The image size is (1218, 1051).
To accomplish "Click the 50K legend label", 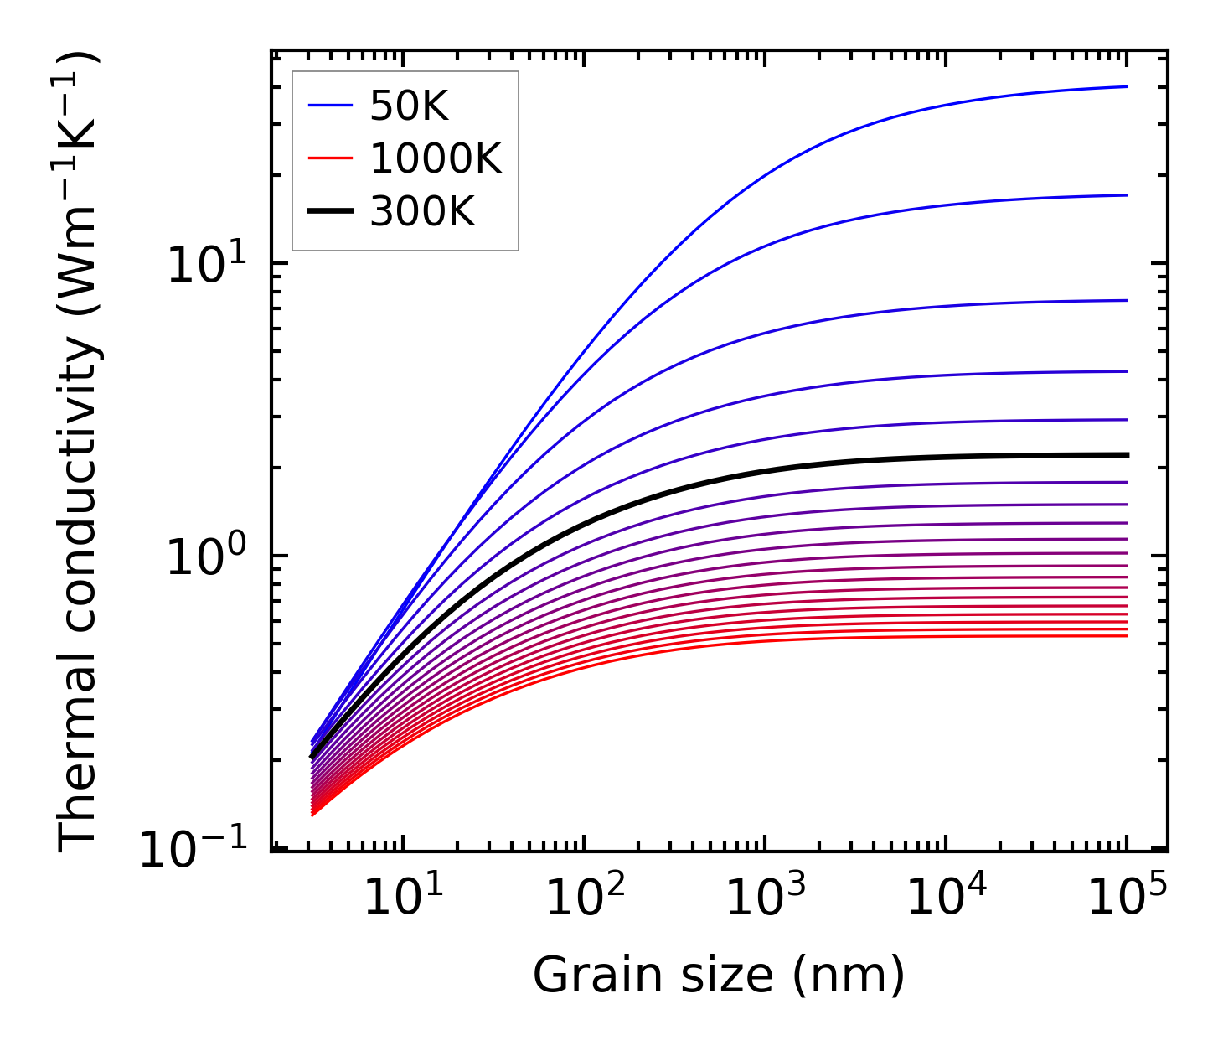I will point(409,106).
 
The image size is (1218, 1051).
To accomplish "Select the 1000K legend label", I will point(436,158).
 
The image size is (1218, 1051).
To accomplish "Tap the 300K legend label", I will point(422,212).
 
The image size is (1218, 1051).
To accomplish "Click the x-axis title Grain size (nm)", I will point(719,975).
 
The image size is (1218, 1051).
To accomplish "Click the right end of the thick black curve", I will point(1128,455).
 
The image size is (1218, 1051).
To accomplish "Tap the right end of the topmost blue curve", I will point(1128,86).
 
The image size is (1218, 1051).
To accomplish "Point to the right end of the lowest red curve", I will point(1128,636).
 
